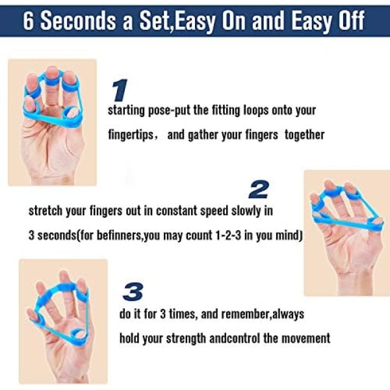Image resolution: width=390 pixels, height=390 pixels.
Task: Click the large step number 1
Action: (120, 90)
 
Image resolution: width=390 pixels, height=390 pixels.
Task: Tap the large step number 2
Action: (259, 190)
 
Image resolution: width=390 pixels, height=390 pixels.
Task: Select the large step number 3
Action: (133, 291)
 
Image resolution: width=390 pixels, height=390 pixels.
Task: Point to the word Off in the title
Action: (351, 20)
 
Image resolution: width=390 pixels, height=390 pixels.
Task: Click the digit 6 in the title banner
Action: (29, 21)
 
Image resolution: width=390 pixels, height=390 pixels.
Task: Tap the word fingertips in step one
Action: (131, 135)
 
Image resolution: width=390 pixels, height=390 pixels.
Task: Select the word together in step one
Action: (305, 135)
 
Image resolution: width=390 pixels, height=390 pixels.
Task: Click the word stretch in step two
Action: (45, 211)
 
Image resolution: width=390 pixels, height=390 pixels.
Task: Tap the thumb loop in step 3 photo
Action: (79, 334)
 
